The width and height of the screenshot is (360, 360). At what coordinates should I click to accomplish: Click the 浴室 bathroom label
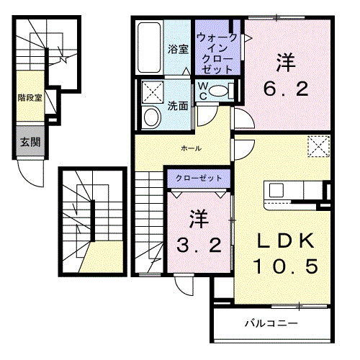click(178, 49)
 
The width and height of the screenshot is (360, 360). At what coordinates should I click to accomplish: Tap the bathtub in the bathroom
click(149, 48)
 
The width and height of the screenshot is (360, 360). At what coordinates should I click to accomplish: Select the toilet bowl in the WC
click(218, 91)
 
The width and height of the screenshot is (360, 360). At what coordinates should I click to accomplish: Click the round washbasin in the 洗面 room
click(151, 117)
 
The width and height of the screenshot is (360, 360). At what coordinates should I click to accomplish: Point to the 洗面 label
click(178, 106)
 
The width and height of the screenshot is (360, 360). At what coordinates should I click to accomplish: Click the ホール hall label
click(192, 148)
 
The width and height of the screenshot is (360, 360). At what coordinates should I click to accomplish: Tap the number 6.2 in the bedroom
click(286, 89)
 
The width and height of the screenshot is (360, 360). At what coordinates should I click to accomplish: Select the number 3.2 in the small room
click(199, 245)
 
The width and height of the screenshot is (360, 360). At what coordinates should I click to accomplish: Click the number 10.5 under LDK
click(286, 266)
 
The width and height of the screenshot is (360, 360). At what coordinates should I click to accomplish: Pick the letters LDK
click(286, 240)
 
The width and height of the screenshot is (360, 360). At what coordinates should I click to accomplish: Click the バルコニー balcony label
click(271, 323)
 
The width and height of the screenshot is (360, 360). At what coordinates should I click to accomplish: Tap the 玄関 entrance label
click(30, 142)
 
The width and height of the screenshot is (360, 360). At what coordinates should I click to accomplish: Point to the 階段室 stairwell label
click(30, 98)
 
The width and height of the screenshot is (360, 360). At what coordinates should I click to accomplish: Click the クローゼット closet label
click(199, 179)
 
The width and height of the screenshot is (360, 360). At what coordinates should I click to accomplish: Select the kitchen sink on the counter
click(276, 190)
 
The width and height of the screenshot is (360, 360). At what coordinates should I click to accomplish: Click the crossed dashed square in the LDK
click(319, 146)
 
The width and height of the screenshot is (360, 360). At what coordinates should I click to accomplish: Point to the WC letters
click(203, 91)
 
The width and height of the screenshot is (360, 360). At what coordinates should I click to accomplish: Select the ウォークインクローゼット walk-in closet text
click(217, 53)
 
